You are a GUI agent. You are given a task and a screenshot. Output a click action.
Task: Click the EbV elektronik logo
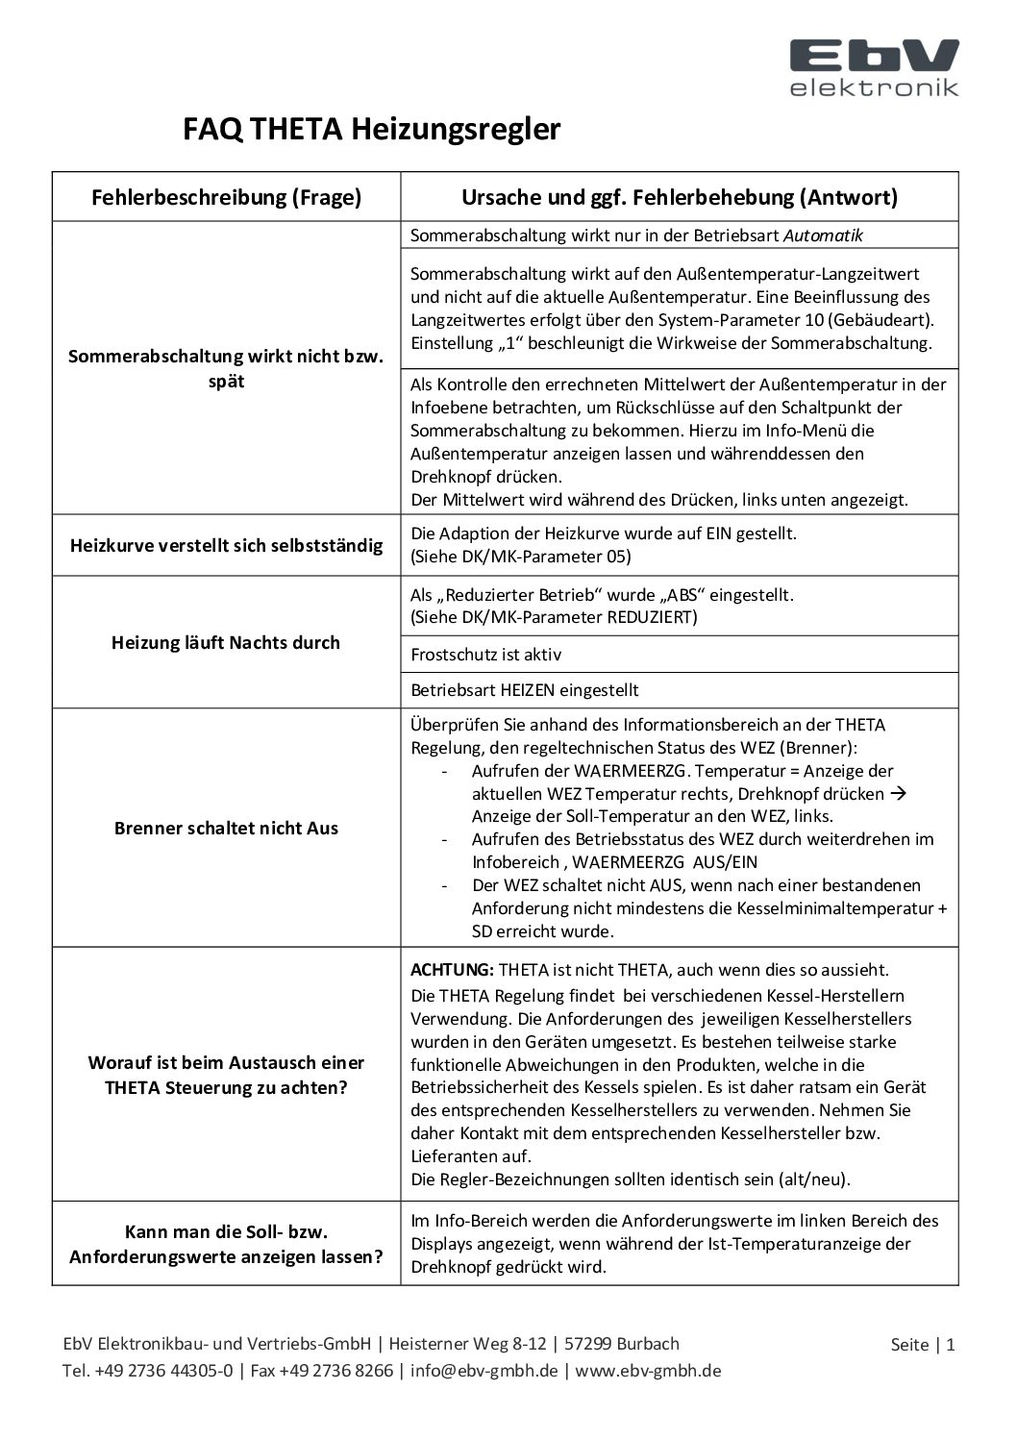[x=874, y=67]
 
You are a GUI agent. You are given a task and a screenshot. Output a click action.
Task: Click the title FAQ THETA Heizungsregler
[x=371, y=129]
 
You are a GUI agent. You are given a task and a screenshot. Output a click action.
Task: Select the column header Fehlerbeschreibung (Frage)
[x=226, y=198]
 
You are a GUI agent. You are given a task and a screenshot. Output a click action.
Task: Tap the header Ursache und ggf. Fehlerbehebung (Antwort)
[x=679, y=198]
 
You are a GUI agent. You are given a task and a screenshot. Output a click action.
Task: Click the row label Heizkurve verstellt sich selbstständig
[x=226, y=546]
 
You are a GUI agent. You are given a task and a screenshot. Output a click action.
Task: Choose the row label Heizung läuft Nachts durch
[x=226, y=643]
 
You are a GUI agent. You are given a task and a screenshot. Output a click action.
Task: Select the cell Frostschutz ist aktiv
[x=486, y=655]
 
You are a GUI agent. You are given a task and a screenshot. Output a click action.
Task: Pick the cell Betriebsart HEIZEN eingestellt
[x=525, y=690]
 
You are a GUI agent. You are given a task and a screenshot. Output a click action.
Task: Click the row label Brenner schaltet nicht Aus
[x=226, y=829]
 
